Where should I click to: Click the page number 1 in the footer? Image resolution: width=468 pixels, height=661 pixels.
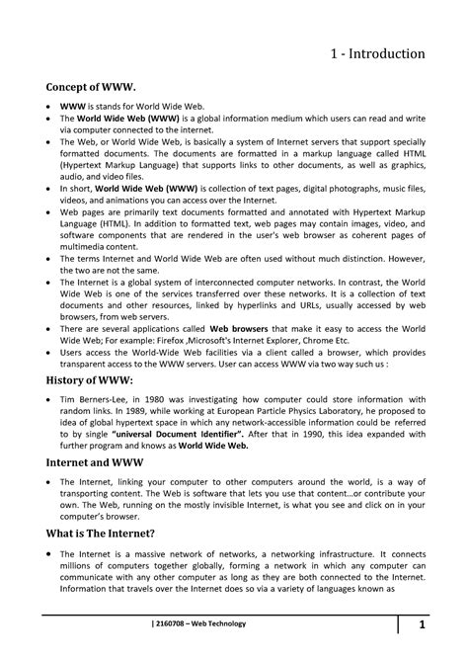pyautogui.click(x=421, y=624)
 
